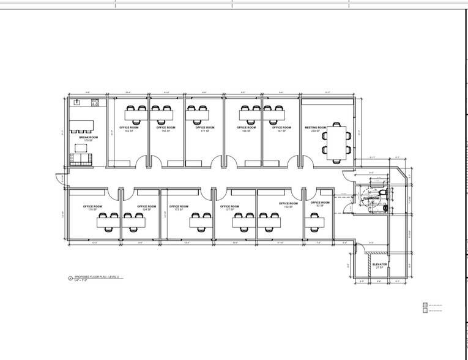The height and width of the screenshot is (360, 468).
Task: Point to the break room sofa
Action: pyautogui.click(x=80, y=159)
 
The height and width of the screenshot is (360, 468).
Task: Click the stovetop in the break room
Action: pyautogui.click(x=95, y=102)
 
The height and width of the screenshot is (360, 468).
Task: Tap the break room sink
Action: pyautogui.click(x=77, y=102)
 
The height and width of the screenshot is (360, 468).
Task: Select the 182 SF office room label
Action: pyautogui.click(x=128, y=129)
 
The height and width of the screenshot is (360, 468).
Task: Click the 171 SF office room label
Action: pyautogui.click(x=204, y=129)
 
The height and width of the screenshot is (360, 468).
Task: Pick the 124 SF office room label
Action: pyautogui.click(x=146, y=208)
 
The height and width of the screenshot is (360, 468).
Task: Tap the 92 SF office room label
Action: pyautogui.click(x=319, y=204)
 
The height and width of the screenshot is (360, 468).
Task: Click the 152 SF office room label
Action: pyautogui.click(x=288, y=205)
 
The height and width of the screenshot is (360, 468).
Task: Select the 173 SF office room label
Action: pyautogui.click(x=178, y=208)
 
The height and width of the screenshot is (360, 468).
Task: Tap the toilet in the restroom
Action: pyautogui.click(x=382, y=193)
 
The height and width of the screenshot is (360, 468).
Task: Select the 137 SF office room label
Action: pyautogui.click(x=229, y=208)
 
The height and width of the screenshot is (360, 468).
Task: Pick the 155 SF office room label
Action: pyautogui.click(x=165, y=129)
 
